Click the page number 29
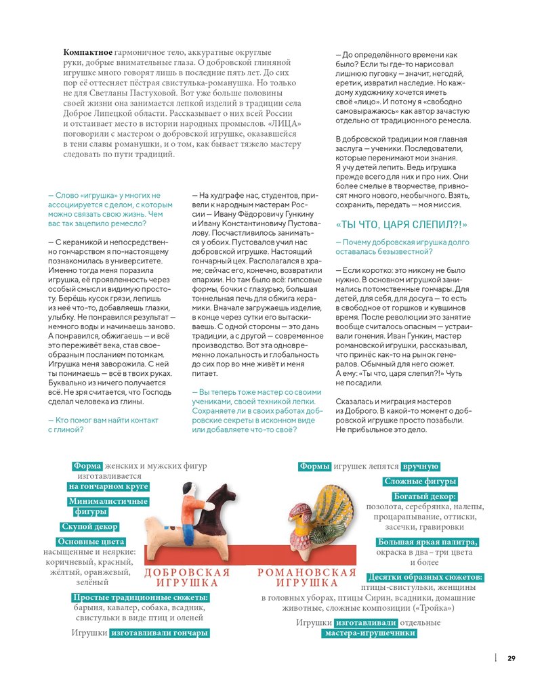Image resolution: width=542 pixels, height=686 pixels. pos(512,658)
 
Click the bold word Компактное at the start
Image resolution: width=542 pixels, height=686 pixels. pos(87,52)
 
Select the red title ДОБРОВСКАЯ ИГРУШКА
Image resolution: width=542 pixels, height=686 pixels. pos(187,578)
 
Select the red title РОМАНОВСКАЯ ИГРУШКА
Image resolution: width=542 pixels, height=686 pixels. pos(307,578)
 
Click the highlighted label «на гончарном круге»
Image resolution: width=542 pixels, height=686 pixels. pos(108,486)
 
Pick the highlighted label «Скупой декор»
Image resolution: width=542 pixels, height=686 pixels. pos(89,526)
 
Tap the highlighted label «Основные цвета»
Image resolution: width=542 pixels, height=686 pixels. pos(91,542)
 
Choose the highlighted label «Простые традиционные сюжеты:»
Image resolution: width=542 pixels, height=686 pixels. pos(140,597)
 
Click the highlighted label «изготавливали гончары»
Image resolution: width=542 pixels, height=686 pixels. pos(159,633)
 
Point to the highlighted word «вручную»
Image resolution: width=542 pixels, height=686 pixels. pos(421,467)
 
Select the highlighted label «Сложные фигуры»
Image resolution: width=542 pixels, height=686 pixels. pos(420,481)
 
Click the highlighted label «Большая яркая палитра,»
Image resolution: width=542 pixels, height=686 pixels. pos(428,542)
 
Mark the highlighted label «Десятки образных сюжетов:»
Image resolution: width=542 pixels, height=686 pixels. pos(425,577)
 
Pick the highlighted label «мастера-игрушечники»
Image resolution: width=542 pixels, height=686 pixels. pos(369,633)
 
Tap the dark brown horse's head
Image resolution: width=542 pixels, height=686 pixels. pos(226,490)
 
